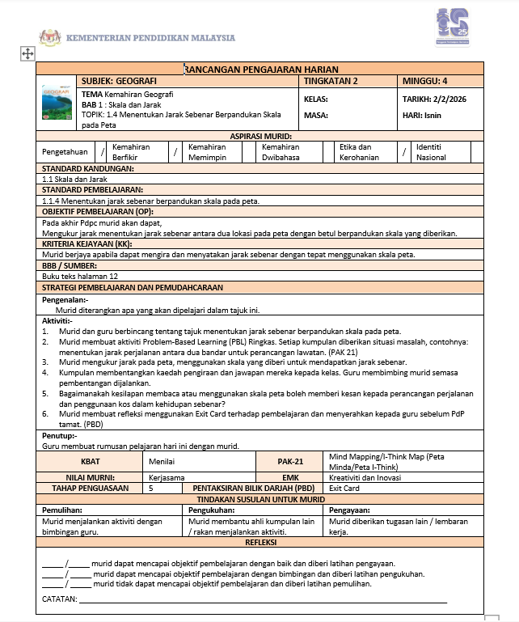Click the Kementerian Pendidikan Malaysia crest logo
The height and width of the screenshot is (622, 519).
pyautogui.click(x=49, y=37)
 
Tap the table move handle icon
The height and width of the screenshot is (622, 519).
pyautogui.click(x=27, y=53)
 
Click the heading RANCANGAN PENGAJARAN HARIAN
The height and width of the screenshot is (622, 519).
pyautogui.click(x=262, y=70)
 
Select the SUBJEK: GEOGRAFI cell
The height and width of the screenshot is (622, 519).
pyautogui.click(x=119, y=82)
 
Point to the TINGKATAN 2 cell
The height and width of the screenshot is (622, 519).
pyautogui.click(x=331, y=82)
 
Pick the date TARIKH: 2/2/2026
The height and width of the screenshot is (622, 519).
pyautogui.click(x=435, y=99)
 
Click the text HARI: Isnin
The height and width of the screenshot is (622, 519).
pyautogui.click(x=421, y=115)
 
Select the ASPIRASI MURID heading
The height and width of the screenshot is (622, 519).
pyautogui.click(x=261, y=136)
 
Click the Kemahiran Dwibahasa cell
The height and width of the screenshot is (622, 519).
pyautogui.click(x=281, y=152)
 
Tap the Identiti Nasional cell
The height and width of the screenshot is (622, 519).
pyautogui.click(x=437, y=152)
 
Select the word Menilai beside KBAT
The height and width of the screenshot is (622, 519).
pyautogui.click(x=162, y=461)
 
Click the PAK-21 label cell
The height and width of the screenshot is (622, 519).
pyautogui.click(x=289, y=461)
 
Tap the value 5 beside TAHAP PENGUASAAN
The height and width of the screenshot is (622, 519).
pyautogui.click(x=151, y=489)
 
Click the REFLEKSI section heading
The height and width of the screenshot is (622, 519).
pyautogui.click(x=262, y=542)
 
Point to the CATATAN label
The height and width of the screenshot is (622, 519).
pyautogui.click(x=59, y=599)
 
